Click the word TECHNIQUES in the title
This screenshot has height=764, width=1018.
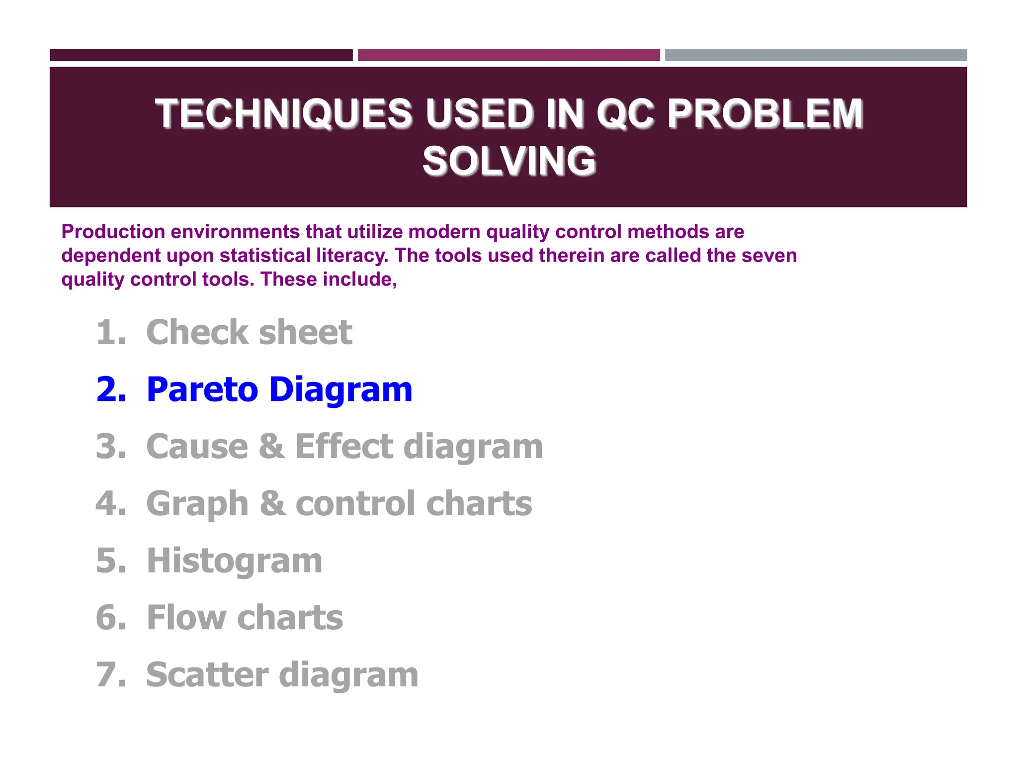(x=283, y=114)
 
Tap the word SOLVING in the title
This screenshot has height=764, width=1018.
(x=509, y=161)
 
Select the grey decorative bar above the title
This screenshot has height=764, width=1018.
(x=816, y=55)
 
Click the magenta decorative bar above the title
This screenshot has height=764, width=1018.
(x=509, y=55)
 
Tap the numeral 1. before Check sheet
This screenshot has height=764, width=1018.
(x=110, y=332)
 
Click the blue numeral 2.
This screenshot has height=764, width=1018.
(x=110, y=389)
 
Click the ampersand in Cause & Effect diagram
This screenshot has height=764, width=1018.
(x=271, y=446)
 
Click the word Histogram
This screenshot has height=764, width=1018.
(x=234, y=561)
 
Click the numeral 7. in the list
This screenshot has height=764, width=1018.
(x=110, y=675)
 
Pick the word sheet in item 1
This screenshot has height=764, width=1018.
(x=305, y=332)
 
